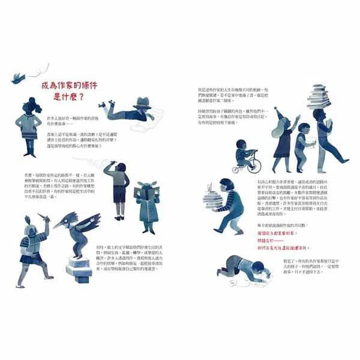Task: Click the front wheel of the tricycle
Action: tap(238, 169)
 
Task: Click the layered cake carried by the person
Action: tap(211, 199)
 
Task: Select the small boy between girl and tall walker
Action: tap(301, 142)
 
